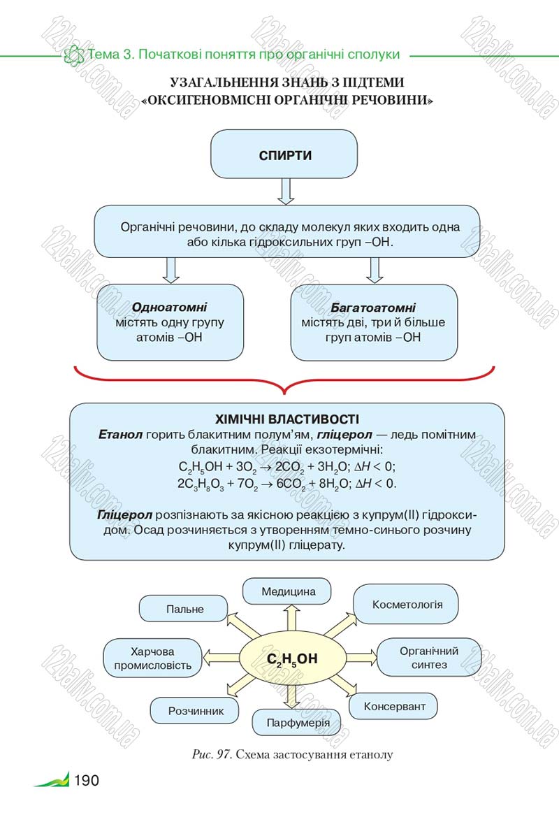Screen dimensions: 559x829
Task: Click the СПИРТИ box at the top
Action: pyautogui.click(x=284, y=154)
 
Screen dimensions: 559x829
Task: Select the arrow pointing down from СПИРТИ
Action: pyautogui.click(x=285, y=192)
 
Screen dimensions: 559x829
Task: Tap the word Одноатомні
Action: pyautogui.click(x=170, y=307)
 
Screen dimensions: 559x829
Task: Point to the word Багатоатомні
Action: pyautogui.click(x=373, y=308)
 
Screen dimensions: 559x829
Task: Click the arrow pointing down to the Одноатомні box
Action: pyautogui.click(x=170, y=271)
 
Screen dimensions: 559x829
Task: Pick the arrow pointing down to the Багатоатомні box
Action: pyautogui.click(x=375, y=271)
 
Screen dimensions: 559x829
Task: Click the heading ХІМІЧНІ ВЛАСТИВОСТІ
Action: pyautogui.click(x=287, y=419)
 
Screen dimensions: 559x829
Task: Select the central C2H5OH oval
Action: pyautogui.click(x=292, y=658)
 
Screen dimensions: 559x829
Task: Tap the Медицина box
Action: pyautogui.click(x=287, y=591)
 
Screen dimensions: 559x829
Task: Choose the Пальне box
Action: pyautogui.click(x=184, y=609)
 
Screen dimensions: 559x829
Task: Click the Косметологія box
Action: pyautogui.click(x=406, y=605)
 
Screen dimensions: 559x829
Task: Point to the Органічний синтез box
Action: pyautogui.click(x=429, y=658)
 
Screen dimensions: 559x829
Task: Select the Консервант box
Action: pyautogui.click(x=393, y=707)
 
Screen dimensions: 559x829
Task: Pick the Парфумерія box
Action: pyautogui.click(x=297, y=723)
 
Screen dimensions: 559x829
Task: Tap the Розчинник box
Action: pyautogui.click(x=195, y=711)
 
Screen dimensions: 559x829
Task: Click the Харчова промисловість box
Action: pyautogui.click(x=153, y=658)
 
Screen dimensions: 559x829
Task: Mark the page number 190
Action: pyautogui.click(x=87, y=780)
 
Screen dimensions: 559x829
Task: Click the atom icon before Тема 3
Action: pyautogui.click(x=74, y=55)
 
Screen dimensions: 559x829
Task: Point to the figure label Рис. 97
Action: pyautogui.click(x=212, y=754)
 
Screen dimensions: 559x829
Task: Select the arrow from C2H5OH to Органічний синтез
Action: pyautogui.click(x=361, y=658)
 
